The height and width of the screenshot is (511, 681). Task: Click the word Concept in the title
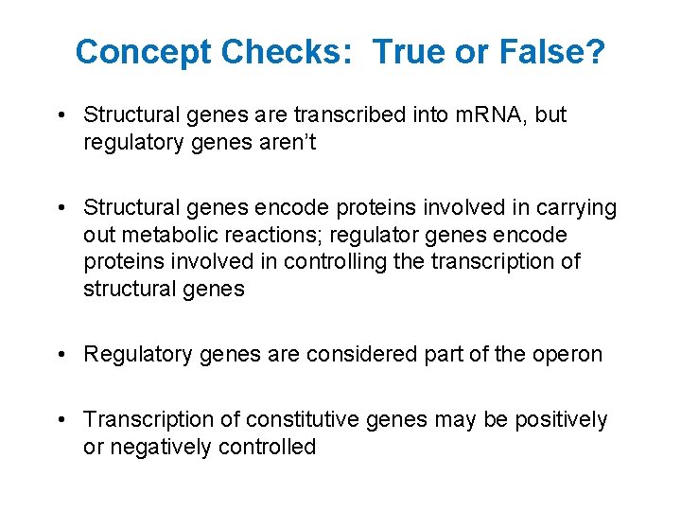144,52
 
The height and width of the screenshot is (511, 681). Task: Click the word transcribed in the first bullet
350,115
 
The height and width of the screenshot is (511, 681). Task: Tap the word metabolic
165,235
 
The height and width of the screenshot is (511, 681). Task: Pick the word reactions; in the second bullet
275,235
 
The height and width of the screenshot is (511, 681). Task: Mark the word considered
364,354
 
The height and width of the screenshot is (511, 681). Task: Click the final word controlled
266,447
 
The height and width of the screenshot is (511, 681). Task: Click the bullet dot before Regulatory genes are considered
60,354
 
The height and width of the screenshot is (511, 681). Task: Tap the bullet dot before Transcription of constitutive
60,419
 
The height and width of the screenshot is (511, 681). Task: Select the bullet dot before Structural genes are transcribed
60,115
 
